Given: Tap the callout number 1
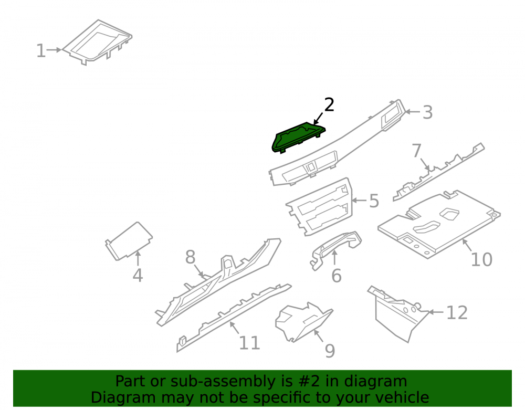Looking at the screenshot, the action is [41, 51].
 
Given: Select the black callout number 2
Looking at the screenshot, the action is [329, 105].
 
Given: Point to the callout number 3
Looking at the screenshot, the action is [427, 112].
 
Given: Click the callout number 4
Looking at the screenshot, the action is [138, 276].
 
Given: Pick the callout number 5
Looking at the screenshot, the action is [374, 201].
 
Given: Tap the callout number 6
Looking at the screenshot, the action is [337, 276].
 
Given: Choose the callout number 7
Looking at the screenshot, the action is [416, 150].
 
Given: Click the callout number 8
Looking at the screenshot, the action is [190, 257].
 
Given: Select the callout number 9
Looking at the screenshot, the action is [330, 351].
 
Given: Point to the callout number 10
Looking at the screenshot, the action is [481, 259].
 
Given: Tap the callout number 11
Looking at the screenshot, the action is [249, 343].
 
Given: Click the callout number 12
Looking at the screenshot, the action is [457, 313].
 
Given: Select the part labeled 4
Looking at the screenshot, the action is [129, 240].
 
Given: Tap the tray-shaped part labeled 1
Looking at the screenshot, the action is [97, 42].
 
